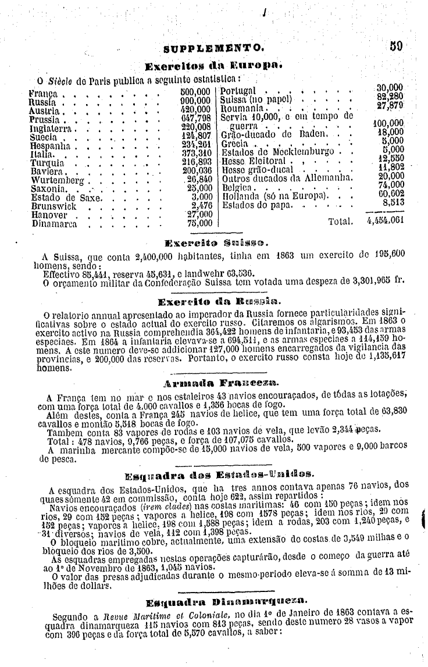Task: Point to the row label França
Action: tap(43, 92)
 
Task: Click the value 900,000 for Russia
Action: tap(195, 100)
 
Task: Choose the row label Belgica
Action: tap(240, 189)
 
